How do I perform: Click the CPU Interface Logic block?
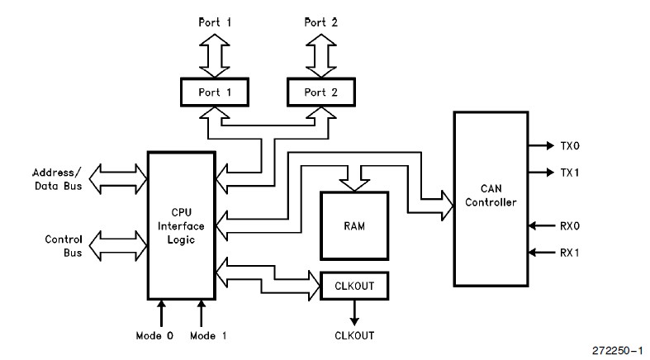(x=179, y=225)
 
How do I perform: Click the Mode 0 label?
(x=154, y=335)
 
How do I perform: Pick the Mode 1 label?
(x=209, y=335)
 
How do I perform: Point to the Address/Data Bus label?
(x=56, y=179)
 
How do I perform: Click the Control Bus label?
(x=63, y=245)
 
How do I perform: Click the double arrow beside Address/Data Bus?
(x=116, y=178)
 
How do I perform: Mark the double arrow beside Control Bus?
(x=116, y=245)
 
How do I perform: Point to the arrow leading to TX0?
(x=541, y=145)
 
